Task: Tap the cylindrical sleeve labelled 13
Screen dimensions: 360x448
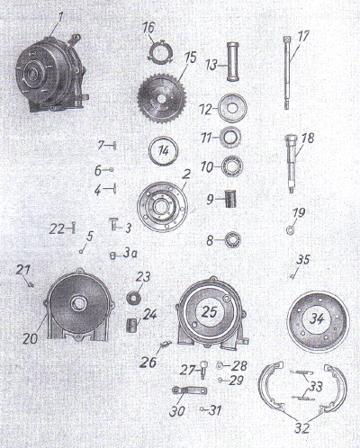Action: [233, 62]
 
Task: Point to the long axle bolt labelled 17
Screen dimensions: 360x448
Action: [287, 73]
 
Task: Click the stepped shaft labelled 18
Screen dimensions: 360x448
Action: [291, 164]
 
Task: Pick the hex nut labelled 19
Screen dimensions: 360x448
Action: [290, 230]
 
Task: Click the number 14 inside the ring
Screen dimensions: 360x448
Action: [164, 151]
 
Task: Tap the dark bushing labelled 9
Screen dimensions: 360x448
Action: [230, 200]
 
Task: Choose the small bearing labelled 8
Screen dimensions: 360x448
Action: [232, 240]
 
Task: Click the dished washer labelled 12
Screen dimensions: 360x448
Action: [232, 108]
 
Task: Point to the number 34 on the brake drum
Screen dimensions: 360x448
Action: [318, 318]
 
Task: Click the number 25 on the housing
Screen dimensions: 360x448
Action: [209, 312]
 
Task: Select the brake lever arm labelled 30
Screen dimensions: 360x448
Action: [189, 391]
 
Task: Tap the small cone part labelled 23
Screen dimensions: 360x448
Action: [131, 297]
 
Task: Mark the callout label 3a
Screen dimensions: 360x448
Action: [130, 255]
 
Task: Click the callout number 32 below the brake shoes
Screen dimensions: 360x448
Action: [302, 428]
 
